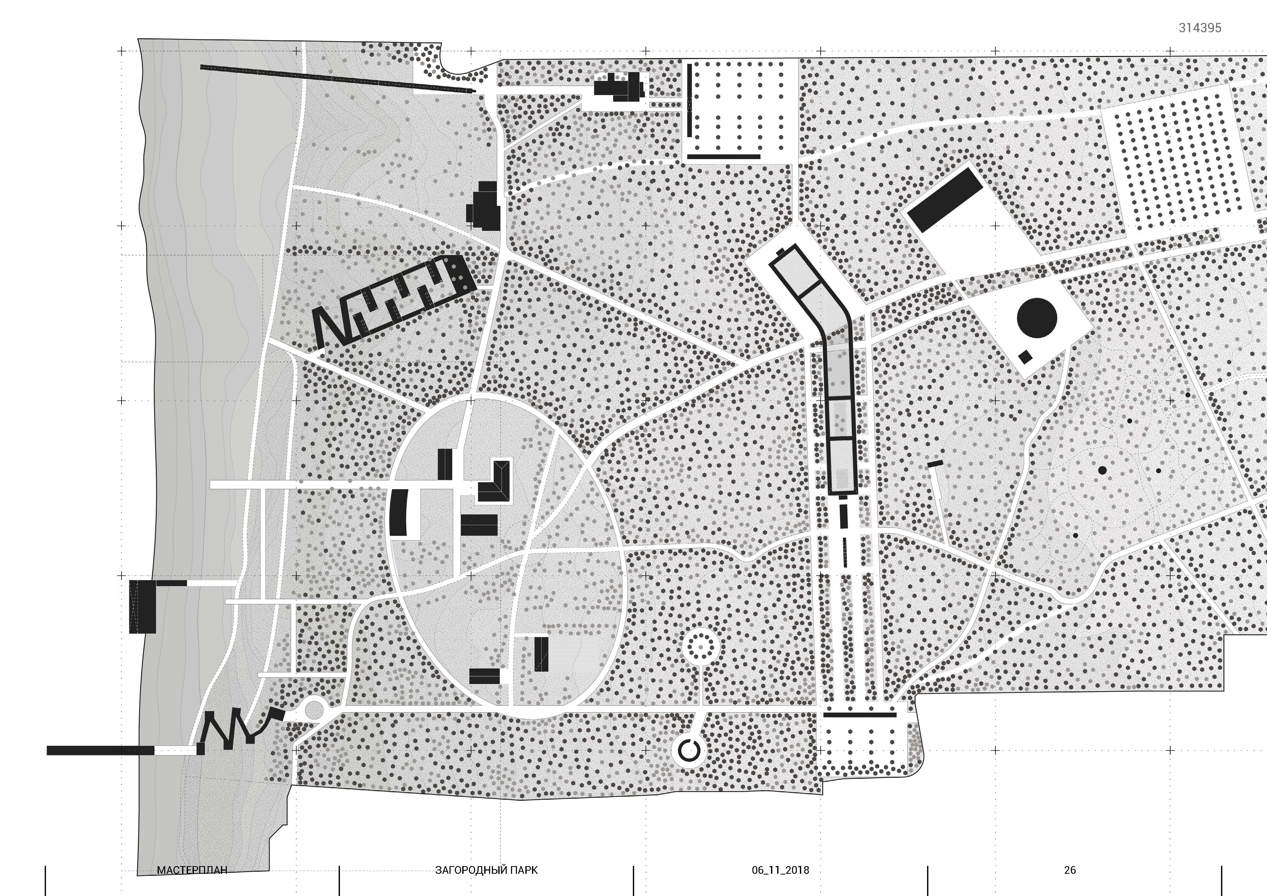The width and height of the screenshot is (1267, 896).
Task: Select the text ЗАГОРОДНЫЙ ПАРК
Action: [486, 870]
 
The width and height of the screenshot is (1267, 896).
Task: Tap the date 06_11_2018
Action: [780, 870]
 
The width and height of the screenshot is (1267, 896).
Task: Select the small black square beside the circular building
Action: [1025, 357]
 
